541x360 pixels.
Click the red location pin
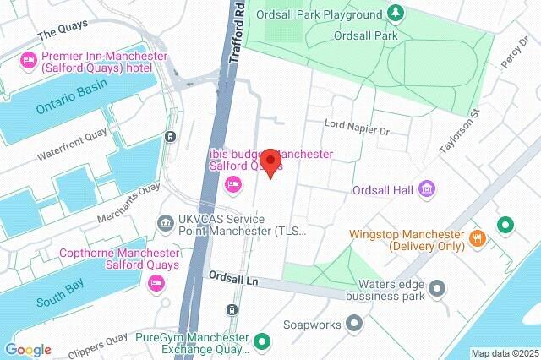[270, 161]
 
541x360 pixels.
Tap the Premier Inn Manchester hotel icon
[27, 60]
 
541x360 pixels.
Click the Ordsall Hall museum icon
[428, 188]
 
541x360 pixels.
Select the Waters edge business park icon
[437, 290]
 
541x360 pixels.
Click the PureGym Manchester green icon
[262, 342]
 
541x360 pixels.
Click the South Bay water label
[59, 302]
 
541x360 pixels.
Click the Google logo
[28, 350]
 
